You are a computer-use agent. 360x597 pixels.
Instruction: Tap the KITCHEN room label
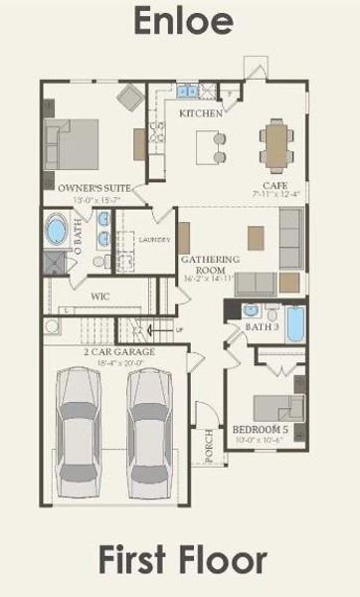click(x=199, y=113)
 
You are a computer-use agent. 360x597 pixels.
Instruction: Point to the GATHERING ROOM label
click(x=210, y=265)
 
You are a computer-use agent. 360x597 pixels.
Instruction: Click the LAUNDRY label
click(x=155, y=240)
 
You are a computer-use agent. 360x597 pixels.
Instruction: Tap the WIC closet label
click(x=99, y=297)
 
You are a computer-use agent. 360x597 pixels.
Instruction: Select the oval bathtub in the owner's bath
click(x=58, y=235)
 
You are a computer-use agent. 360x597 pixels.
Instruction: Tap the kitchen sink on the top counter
click(x=187, y=92)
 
